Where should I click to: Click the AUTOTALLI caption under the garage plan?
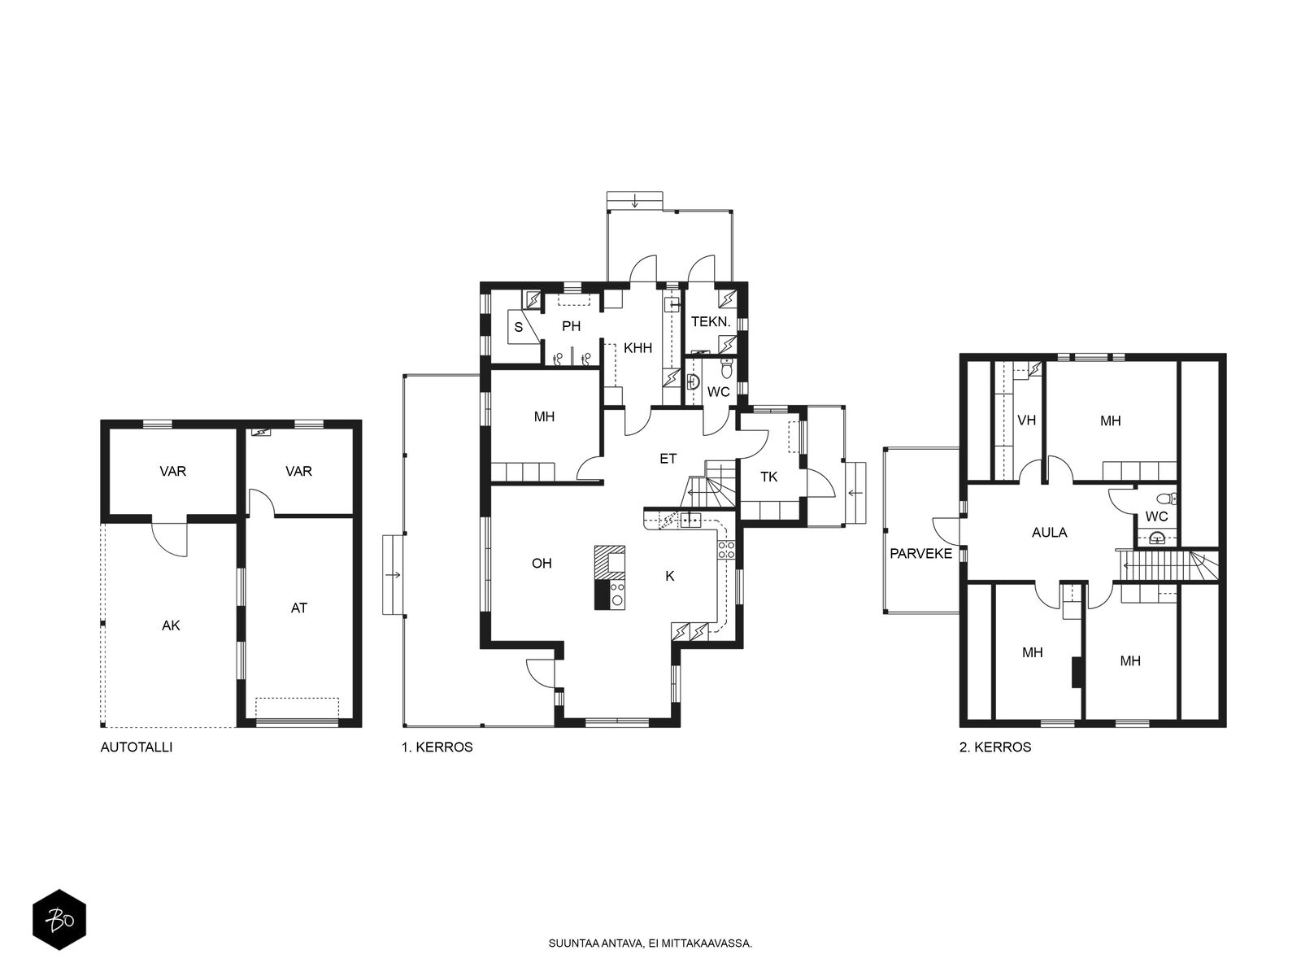(137, 747)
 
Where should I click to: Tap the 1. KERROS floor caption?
(437, 747)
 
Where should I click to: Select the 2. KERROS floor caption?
(995, 747)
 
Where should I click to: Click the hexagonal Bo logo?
(59, 919)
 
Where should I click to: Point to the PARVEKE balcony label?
(920, 554)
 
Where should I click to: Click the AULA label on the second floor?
(1049, 532)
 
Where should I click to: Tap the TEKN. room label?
(711, 322)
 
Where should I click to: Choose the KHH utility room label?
(637, 348)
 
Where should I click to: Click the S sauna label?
(519, 326)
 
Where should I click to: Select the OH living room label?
(542, 563)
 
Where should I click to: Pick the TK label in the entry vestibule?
(768, 477)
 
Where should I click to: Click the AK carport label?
(171, 625)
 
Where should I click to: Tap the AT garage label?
(298, 608)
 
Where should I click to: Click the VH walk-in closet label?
(1027, 420)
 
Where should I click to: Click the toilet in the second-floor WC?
(1167, 498)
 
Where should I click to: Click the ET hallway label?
(668, 458)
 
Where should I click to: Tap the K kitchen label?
(670, 575)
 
